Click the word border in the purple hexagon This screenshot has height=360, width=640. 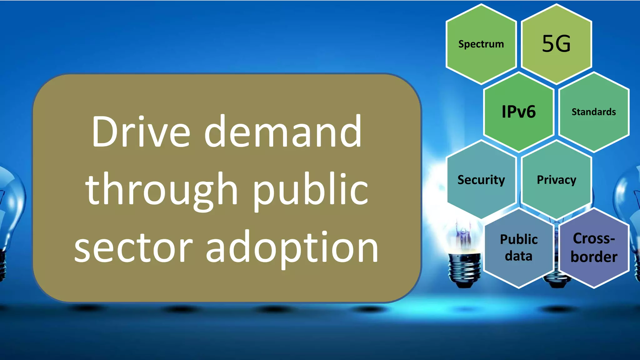(594, 257)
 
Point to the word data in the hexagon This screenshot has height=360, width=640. (518, 256)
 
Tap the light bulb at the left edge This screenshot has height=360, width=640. (9, 219)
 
